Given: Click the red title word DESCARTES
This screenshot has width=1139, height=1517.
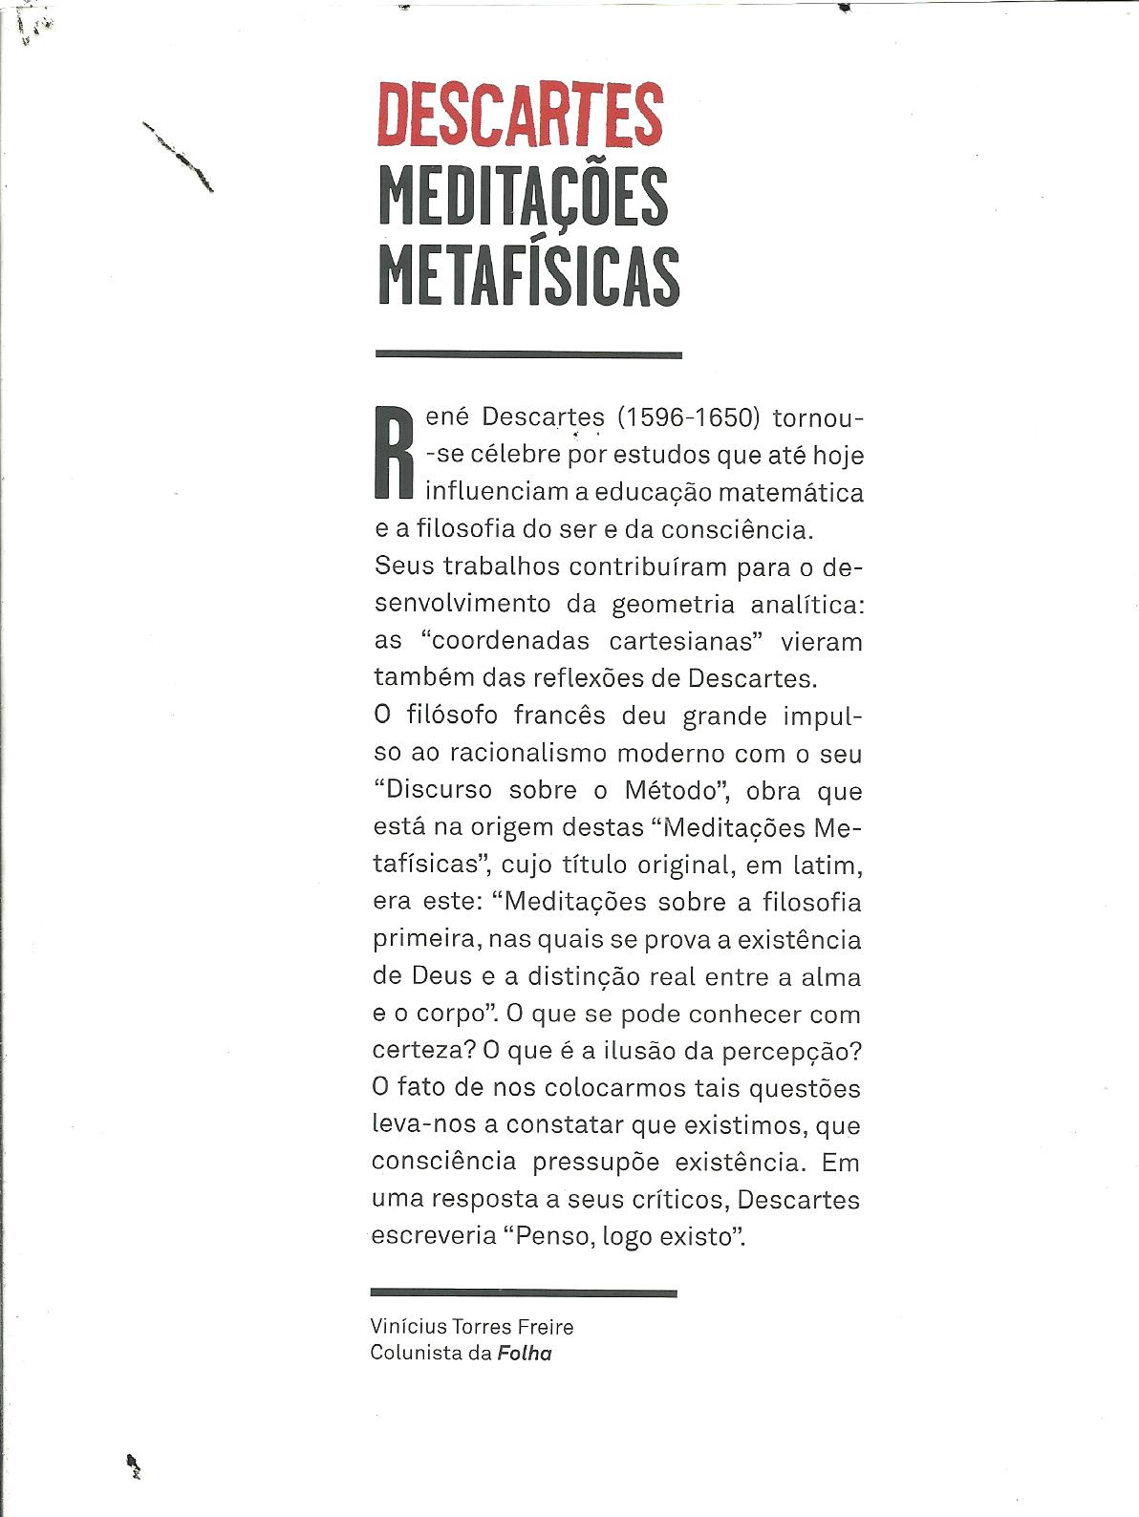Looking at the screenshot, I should click(520, 116).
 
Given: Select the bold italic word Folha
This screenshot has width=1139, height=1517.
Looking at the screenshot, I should click(525, 1353).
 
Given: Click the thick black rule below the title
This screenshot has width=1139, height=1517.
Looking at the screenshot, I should click(528, 354).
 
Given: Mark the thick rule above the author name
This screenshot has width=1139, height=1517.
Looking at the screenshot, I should click(524, 1293).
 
